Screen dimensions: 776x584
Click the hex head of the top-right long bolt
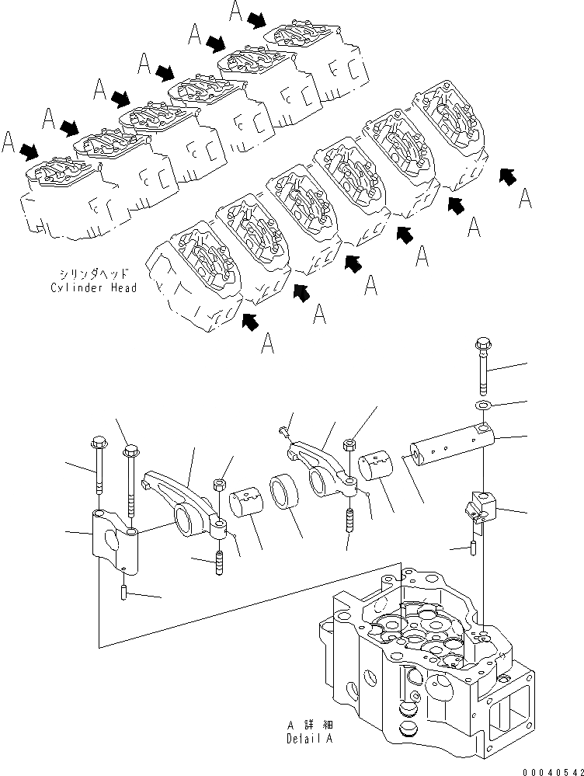point(480,344)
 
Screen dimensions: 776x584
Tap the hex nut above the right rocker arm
point(350,445)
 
